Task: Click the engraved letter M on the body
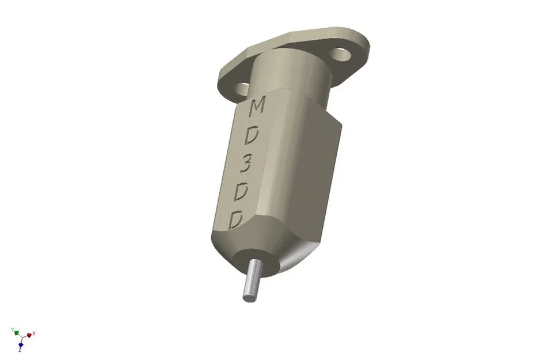(257, 106)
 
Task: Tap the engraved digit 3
(246, 166)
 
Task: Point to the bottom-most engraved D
(237, 220)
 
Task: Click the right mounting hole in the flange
(341, 55)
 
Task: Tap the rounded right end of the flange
(362, 46)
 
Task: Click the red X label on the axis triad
(35, 334)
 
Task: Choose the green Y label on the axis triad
(12, 329)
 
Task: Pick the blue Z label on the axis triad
(20, 350)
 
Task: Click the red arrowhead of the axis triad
(29, 335)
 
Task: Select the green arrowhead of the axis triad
(16, 333)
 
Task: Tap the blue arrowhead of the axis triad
(20, 344)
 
